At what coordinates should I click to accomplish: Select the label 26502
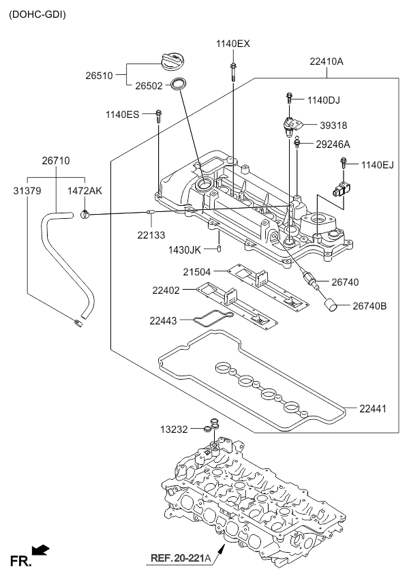148,86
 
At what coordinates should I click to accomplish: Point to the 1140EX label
233,44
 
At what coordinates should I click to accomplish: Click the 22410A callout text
327,61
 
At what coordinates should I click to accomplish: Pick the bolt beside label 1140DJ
289,100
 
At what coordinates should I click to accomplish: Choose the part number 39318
333,125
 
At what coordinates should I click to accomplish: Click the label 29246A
333,144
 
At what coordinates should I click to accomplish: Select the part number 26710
55,161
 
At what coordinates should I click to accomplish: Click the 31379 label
27,191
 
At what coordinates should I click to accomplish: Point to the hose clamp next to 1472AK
84,215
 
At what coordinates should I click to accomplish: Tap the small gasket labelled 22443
212,318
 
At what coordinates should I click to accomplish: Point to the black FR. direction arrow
42,549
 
